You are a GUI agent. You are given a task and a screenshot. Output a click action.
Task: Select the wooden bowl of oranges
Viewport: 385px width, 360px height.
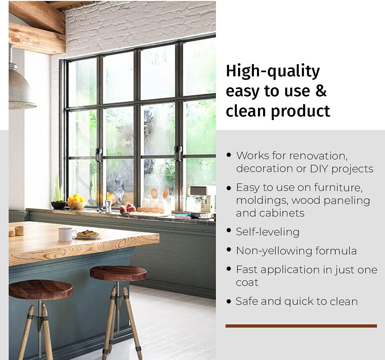[x=76, y=202]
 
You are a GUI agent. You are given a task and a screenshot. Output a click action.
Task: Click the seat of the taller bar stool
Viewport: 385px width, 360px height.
[x=118, y=273]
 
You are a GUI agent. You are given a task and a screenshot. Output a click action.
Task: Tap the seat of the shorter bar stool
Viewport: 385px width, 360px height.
[x=40, y=289]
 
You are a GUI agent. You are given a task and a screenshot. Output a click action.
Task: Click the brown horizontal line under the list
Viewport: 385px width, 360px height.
[x=301, y=326]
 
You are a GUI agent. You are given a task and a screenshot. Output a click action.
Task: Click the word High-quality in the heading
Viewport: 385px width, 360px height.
[x=273, y=71]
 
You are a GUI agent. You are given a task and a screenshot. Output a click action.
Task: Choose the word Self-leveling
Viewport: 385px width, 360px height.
[x=268, y=232]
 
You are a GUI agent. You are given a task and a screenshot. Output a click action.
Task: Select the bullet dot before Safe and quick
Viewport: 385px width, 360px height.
[x=229, y=301]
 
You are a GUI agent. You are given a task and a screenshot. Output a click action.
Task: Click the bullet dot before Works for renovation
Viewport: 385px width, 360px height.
[x=229, y=155]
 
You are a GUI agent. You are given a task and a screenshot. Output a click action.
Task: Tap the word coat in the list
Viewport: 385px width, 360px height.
[x=247, y=283]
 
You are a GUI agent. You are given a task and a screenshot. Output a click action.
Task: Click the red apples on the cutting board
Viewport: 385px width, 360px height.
[x=129, y=208]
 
